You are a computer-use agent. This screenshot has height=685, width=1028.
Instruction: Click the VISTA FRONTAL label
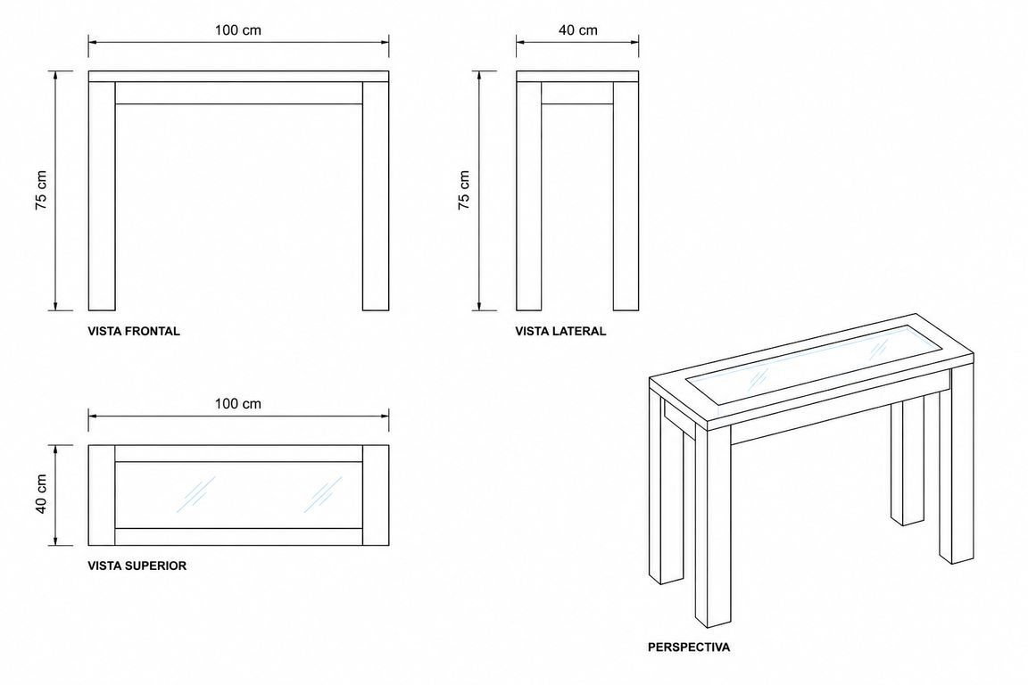click(x=134, y=331)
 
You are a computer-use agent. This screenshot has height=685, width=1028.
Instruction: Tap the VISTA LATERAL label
click(x=560, y=331)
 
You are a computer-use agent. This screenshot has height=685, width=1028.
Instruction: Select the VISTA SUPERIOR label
click(x=137, y=565)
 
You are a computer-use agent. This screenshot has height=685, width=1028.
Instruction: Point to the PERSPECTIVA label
click(x=688, y=647)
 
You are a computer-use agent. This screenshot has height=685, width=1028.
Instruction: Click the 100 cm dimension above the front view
click(x=238, y=30)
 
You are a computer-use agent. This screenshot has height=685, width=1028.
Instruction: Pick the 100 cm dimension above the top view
click(x=238, y=404)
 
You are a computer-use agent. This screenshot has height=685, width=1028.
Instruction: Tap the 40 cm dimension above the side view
click(x=577, y=30)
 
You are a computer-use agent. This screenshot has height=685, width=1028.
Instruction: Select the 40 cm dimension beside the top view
click(x=41, y=494)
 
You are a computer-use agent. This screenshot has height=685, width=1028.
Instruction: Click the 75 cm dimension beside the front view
click(x=41, y=190)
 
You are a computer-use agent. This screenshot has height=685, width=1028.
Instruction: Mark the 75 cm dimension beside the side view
click(x=463, y=190)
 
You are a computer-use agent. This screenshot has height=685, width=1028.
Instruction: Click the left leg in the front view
click(x=102, y=196)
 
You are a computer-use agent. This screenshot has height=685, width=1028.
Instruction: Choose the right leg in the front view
click(x=376, y=196)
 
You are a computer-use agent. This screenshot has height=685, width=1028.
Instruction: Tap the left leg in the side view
click(x=528, y=196)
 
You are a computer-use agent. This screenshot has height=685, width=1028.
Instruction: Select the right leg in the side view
click(x=626, y=196)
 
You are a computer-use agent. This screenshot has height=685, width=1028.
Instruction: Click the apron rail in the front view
click(x=238, y=93)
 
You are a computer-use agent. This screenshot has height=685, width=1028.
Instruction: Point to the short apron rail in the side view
click(x=577, y=93)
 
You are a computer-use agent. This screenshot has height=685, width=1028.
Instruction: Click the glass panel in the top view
click(x=238, y=495)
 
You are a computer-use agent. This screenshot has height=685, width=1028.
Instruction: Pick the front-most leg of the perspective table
click(x=713, y=524)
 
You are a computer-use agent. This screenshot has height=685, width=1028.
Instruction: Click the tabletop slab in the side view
click(x=577, y=76)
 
